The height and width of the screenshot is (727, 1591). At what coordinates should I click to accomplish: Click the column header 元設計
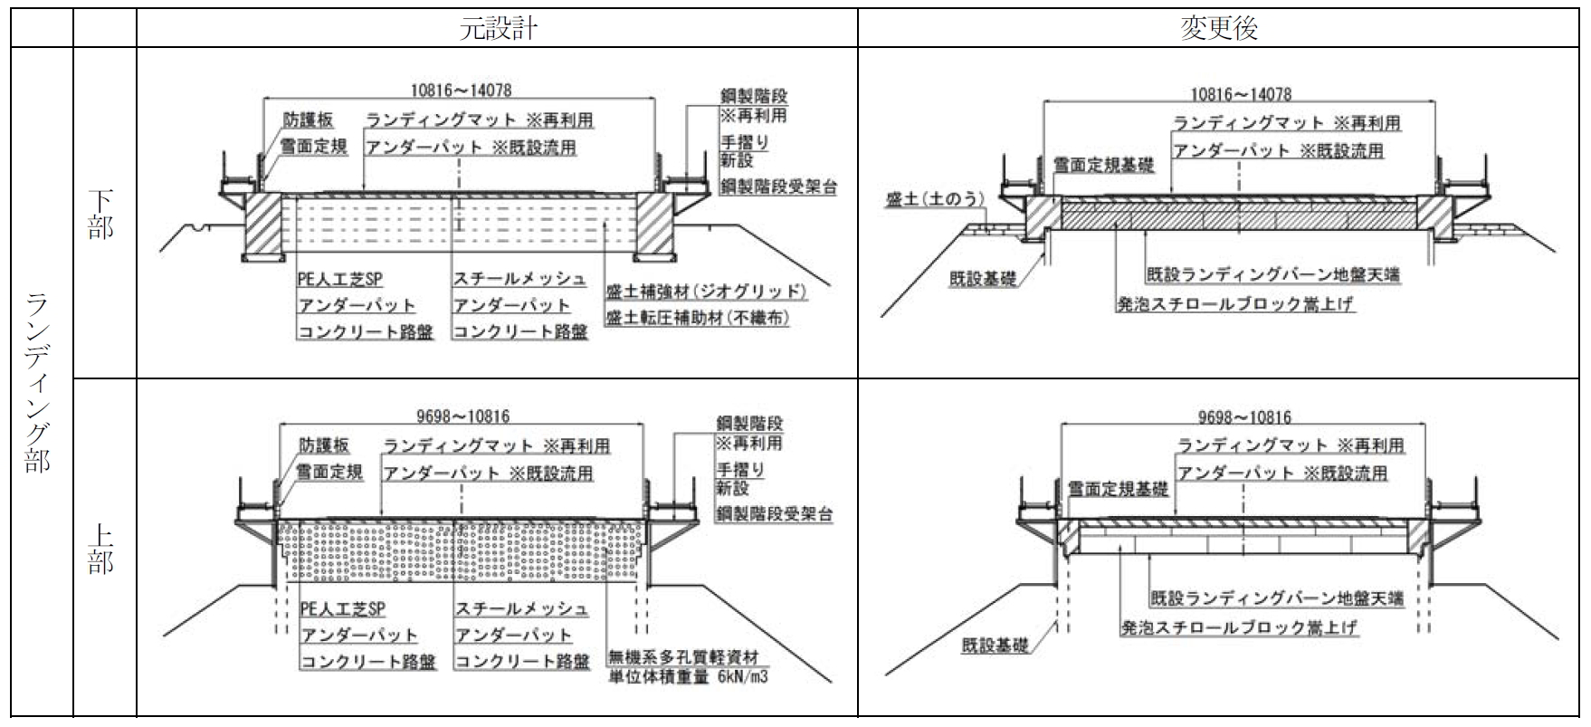tap(498, 28)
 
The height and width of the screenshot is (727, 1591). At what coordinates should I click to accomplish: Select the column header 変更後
tap(1219, 28)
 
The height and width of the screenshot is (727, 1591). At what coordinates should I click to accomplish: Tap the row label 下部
tap(101, 215)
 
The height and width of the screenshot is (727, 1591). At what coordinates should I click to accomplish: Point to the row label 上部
tap(101, 549)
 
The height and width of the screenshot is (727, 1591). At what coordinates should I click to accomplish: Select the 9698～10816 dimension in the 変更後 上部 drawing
tap(1244, 417)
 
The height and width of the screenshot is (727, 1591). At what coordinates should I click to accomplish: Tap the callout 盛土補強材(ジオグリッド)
tap(706, 292)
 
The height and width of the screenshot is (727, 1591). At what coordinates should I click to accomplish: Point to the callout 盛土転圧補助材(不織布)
tap(697, 319)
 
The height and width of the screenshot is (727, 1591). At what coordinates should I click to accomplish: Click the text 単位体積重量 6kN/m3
tap(689, 677)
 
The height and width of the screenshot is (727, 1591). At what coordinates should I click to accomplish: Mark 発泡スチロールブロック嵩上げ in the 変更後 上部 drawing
tap(1239, 627)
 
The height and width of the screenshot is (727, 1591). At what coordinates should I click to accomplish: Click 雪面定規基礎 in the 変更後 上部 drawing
tap(1118, 489)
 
